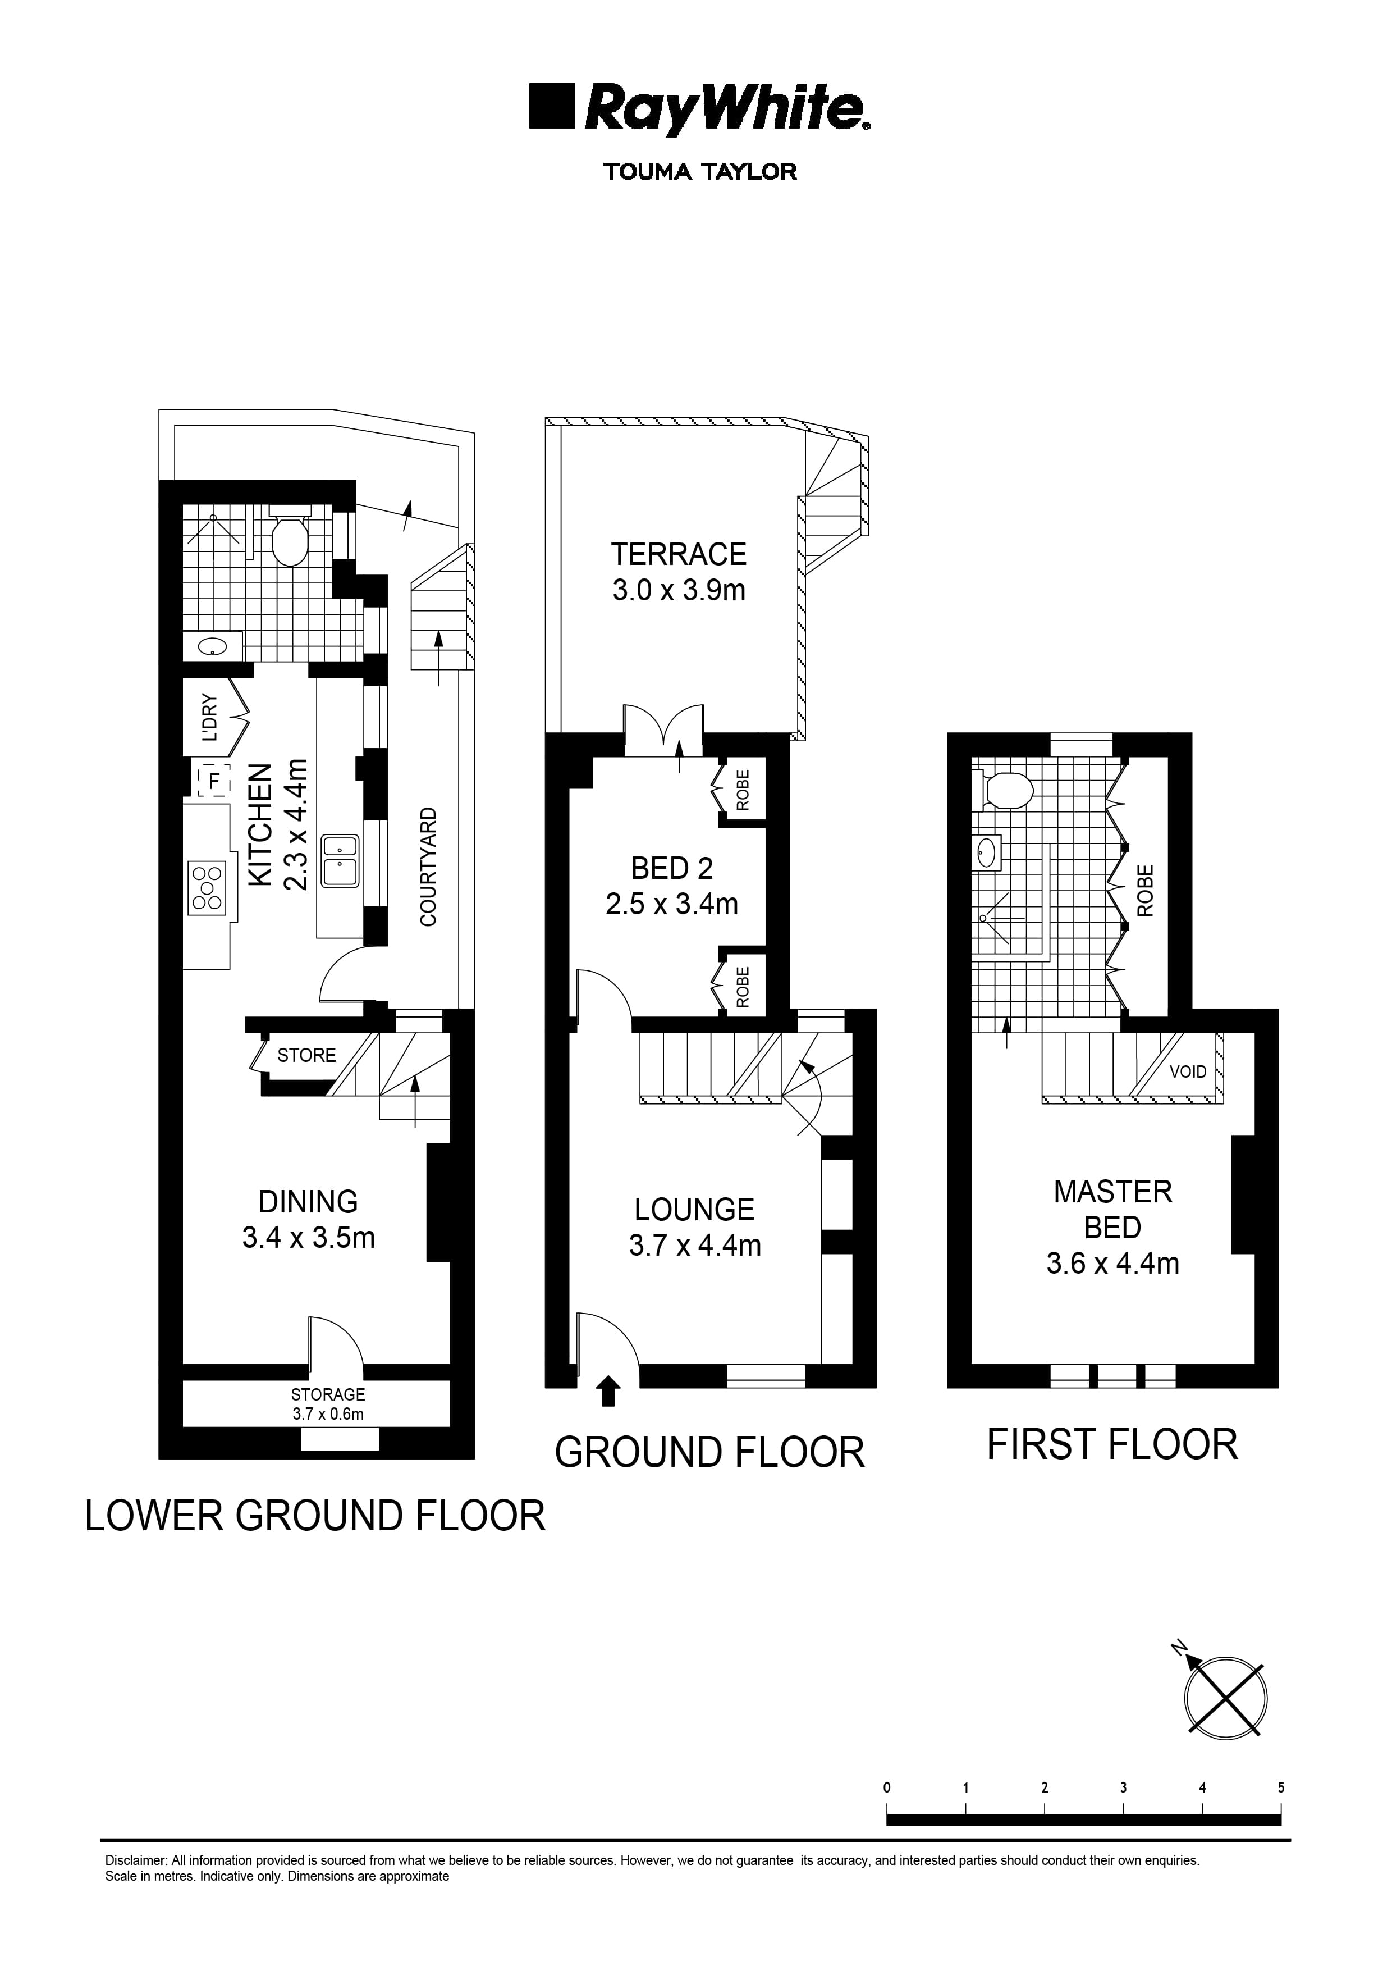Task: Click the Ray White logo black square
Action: [552, 106]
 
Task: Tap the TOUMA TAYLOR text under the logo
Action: [700, 172]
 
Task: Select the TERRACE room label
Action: [679, 554]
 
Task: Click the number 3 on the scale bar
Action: [1123, 1788]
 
